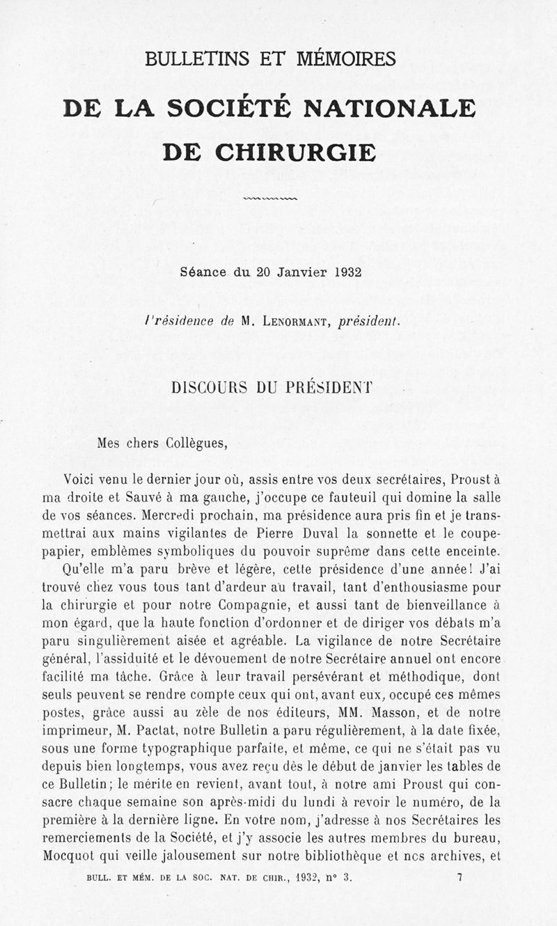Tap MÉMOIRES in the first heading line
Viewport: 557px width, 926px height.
pyautogui.click(x=355, y=58)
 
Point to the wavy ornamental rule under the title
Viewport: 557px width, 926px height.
pyautogui.click(x=271, y=198)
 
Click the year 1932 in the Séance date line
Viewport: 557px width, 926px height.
pyautogui.click(x=346, y=272)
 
